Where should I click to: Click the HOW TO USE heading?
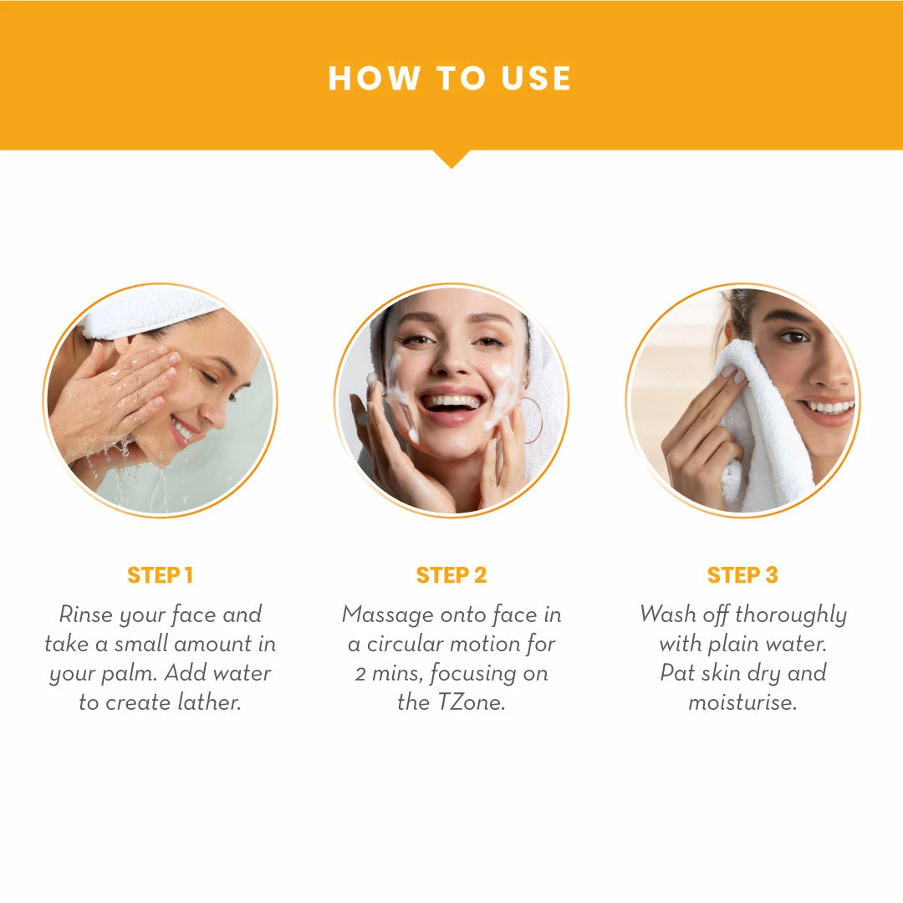tap(450, 79)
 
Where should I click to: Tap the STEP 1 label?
tap(160, 575)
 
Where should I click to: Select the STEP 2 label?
tap(451, 575)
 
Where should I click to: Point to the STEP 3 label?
tap(742, 575)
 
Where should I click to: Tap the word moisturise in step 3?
tap(743, 702)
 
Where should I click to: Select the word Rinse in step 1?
tap(86, 615)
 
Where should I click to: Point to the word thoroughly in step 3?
tap(791, 615)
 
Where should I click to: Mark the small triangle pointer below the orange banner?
tap(451, 159)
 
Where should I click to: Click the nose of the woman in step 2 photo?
tap(454, 360)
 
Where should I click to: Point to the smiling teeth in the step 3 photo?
tap(830, 408)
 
